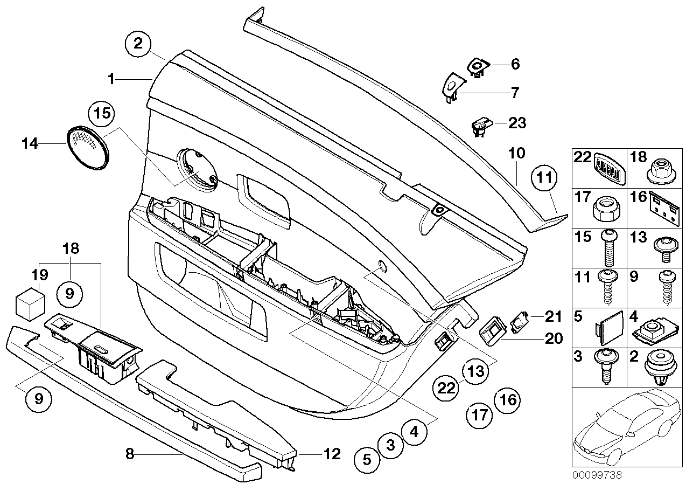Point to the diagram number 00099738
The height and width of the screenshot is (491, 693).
tap(597, 475)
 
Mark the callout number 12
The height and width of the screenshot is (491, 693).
tap(332, 454)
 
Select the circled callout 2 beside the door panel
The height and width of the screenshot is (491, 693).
tap(138, 44)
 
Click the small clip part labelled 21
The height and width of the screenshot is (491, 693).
tap(520, 322)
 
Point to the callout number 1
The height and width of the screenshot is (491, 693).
tap(111, 79)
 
